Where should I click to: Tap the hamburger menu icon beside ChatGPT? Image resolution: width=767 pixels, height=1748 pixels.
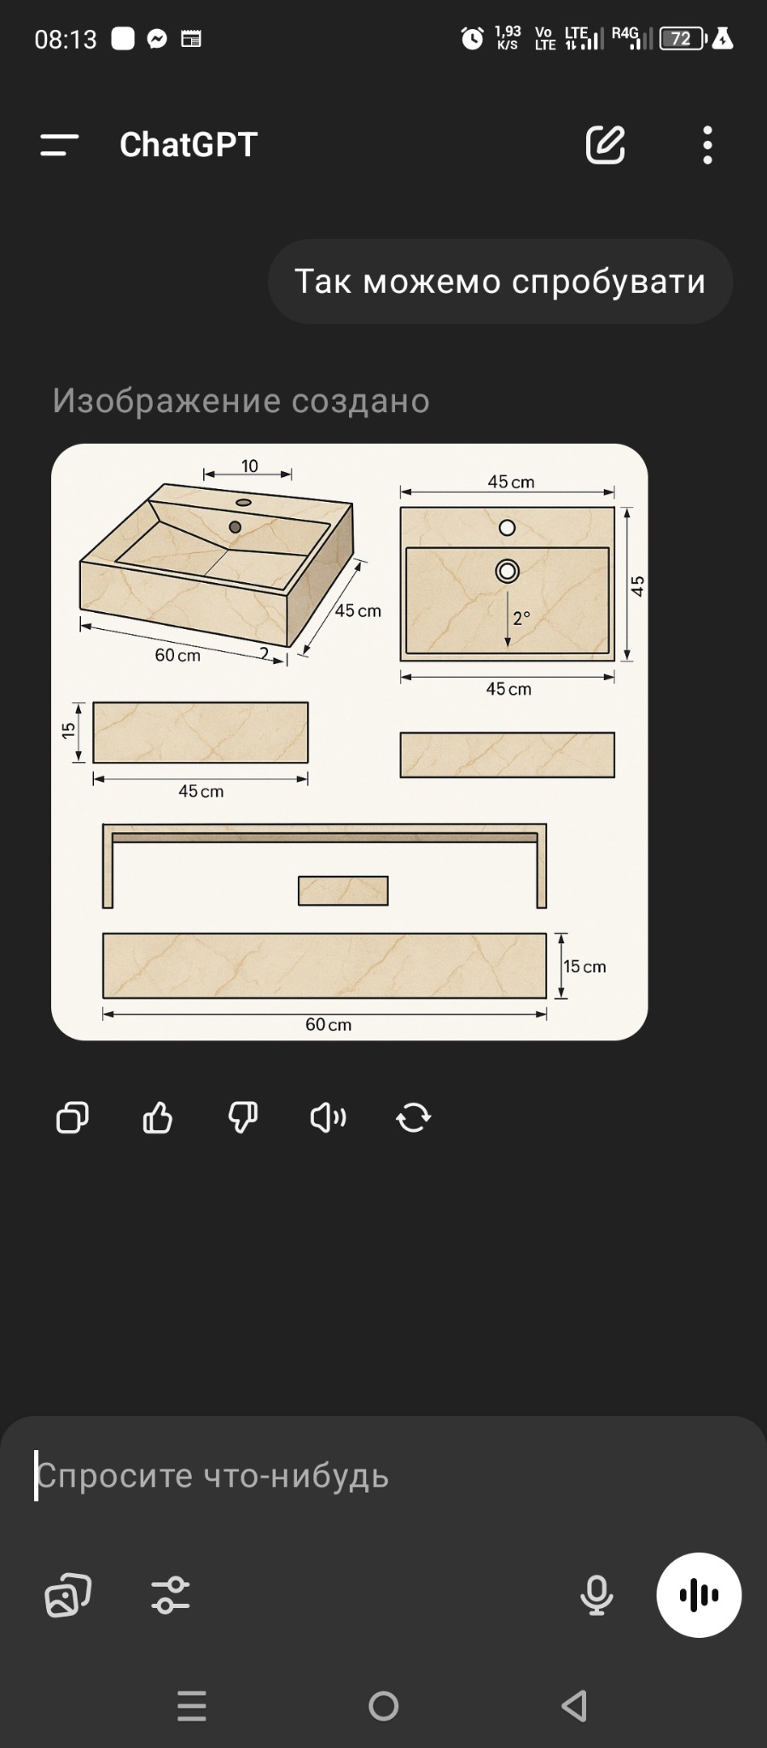click(59, 145)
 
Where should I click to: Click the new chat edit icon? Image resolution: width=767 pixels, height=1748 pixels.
click(606, 144)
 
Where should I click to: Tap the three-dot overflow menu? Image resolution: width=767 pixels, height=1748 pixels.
click(707, 145)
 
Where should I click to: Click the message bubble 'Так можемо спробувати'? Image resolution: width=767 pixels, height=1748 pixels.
click(500, 282)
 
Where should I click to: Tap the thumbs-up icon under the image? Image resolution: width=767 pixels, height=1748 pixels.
click(158, 1117)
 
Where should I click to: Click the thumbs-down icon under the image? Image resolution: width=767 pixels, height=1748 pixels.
click(243, 1117)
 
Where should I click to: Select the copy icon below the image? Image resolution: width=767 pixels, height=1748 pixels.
click(73, 1117)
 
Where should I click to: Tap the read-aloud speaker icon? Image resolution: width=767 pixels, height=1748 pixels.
click(328, 1117)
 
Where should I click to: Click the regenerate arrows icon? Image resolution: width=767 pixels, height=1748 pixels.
click(414, 1117)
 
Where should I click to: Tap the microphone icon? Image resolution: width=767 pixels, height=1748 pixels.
click(596, 1595)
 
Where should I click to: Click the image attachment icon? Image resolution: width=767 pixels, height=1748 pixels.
click(67, 1595)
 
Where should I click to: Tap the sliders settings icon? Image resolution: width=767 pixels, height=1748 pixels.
click(171, 1595)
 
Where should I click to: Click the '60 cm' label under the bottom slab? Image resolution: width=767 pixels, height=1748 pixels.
click(328, 1024)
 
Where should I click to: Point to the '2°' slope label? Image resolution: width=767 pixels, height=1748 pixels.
click(521, 617)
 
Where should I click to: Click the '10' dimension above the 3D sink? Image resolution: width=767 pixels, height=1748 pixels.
click(249, 466)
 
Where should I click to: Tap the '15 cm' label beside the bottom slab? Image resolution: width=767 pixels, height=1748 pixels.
click(584, 966)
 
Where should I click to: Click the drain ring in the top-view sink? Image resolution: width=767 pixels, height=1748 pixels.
click(508, 571)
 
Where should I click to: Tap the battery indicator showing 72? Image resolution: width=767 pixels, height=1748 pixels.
click(683, 38)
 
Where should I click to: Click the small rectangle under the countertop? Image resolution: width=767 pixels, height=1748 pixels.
click(343, 891)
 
